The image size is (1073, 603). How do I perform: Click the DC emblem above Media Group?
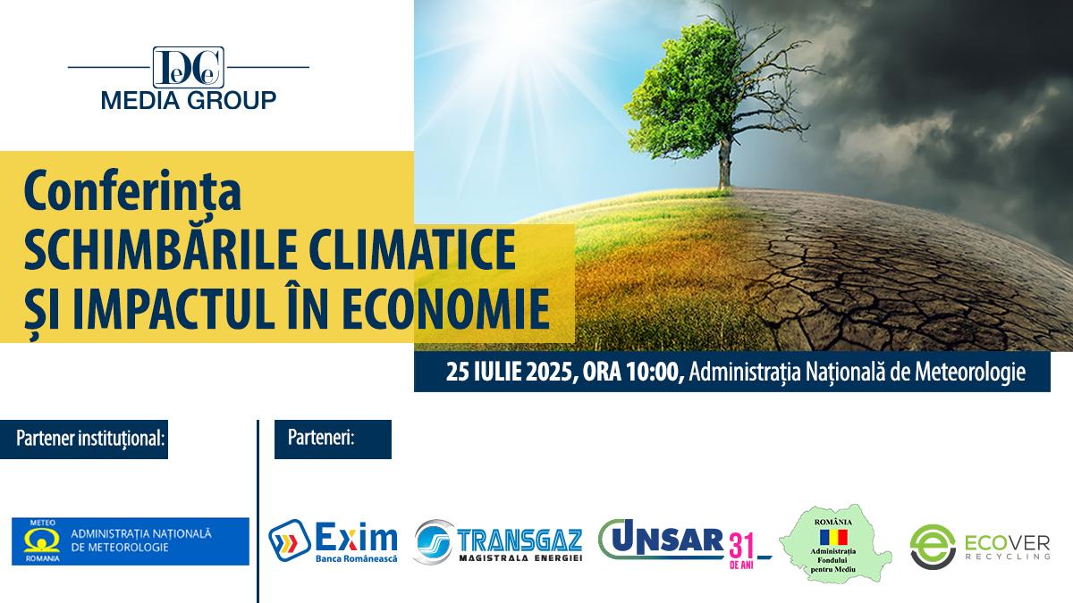188,66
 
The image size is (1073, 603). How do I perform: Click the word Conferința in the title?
133,195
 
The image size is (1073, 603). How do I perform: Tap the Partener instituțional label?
90,440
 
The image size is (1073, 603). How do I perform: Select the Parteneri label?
322,440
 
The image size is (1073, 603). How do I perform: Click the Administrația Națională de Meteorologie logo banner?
131,540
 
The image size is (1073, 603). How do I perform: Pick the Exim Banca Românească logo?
333,542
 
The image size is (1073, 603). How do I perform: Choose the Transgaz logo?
498,541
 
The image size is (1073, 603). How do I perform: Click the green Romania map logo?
835,542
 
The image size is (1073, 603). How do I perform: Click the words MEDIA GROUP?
189,99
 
